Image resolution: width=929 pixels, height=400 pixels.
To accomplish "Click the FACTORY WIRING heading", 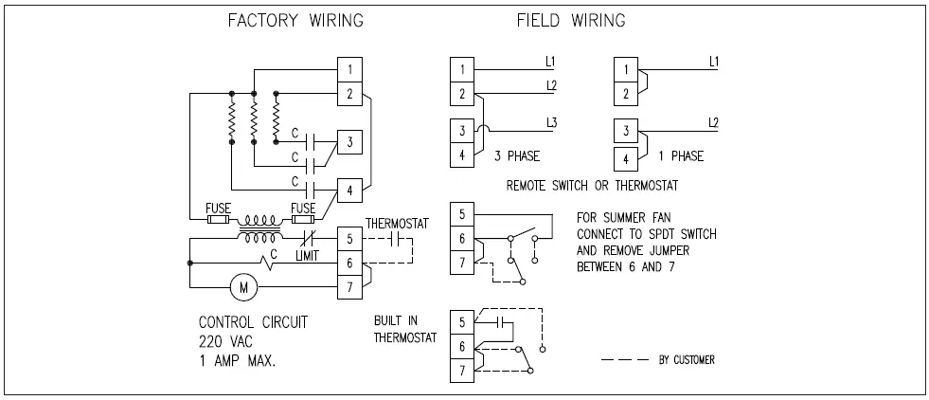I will pos(295,20).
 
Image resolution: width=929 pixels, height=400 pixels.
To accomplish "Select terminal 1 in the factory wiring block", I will pos(350,70).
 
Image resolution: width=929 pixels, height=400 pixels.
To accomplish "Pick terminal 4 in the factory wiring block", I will pos(350,191).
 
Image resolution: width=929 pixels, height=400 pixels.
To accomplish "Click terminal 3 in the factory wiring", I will pos(350,142).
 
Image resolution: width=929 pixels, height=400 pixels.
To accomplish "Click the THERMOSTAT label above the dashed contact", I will pos(398,224).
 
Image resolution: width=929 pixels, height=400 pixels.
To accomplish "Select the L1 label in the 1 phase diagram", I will pos(715,62).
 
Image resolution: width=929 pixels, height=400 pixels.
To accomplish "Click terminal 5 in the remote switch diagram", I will pos(461,215).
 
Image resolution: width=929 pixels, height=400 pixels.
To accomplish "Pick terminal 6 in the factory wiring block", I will pos(350,262).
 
